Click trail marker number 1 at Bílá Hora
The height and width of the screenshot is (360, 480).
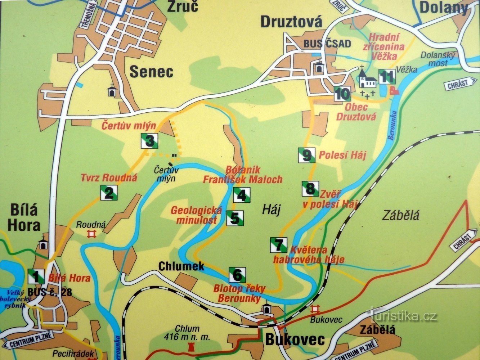click(36, 276)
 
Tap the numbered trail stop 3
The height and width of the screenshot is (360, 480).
click(149, 140)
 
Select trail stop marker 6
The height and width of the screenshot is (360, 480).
click(237, 275)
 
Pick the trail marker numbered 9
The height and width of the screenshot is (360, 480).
click(306, 155)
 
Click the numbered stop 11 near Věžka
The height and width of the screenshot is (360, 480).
click(387, 77)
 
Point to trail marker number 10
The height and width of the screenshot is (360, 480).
click(342, 94)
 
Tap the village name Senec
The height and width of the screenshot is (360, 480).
click(151, 72)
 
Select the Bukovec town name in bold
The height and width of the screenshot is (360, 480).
click(295, 339)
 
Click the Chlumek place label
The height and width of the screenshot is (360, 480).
click(181, 266)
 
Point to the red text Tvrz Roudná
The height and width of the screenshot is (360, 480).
click(109, 177)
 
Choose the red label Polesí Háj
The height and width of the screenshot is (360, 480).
click(342, 155)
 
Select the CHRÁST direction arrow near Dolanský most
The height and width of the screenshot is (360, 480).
click(462, 84)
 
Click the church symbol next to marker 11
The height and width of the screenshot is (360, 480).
click(367, 78)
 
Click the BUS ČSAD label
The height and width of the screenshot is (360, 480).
click(327, 44)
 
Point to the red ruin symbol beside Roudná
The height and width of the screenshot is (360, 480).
click(92, 234)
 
